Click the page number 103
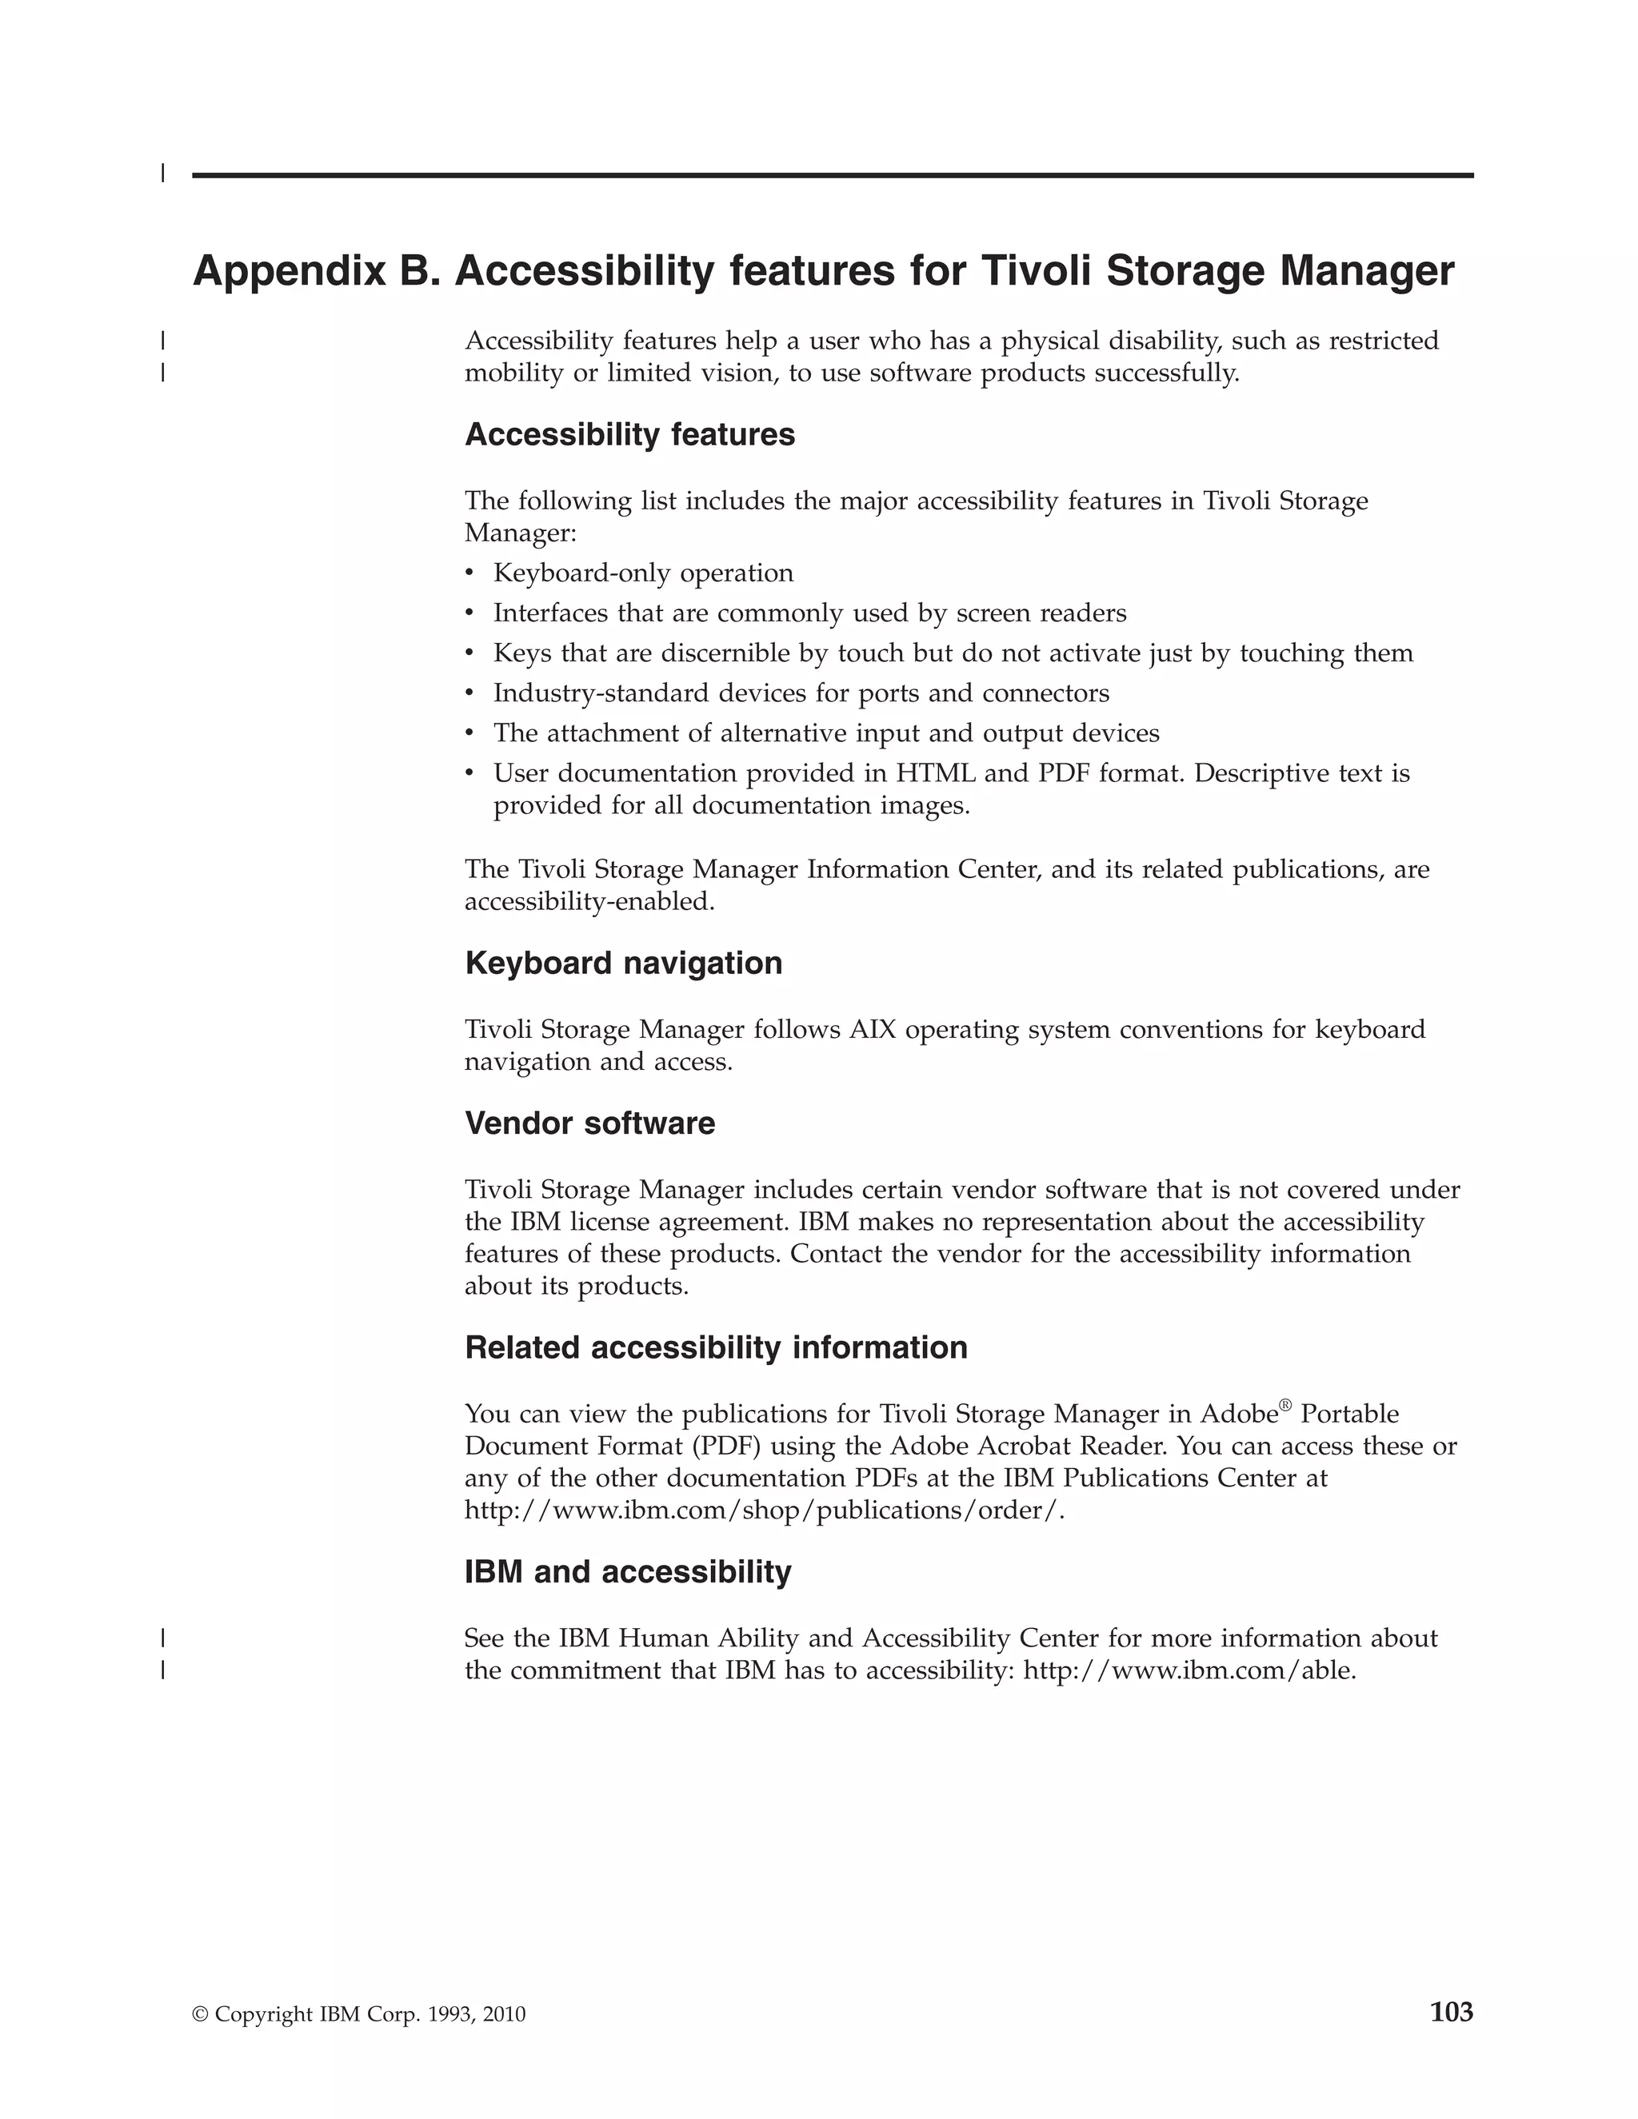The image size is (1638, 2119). point(1451,2013)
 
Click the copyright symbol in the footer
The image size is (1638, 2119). point(201,2015)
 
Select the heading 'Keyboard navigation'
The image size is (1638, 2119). point(623,964)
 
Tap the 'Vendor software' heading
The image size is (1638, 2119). point(589,1123)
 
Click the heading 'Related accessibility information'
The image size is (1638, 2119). point(715,1347)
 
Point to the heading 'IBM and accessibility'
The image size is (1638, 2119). point(627,1572)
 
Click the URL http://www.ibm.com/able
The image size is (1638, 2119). point(1189,1670)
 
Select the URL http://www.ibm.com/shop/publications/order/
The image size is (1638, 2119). point(763,1510)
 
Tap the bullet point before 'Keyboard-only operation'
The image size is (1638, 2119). point(470,573)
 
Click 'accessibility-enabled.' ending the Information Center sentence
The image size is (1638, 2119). point(589,902)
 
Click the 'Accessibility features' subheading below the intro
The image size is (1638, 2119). point(629,435)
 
